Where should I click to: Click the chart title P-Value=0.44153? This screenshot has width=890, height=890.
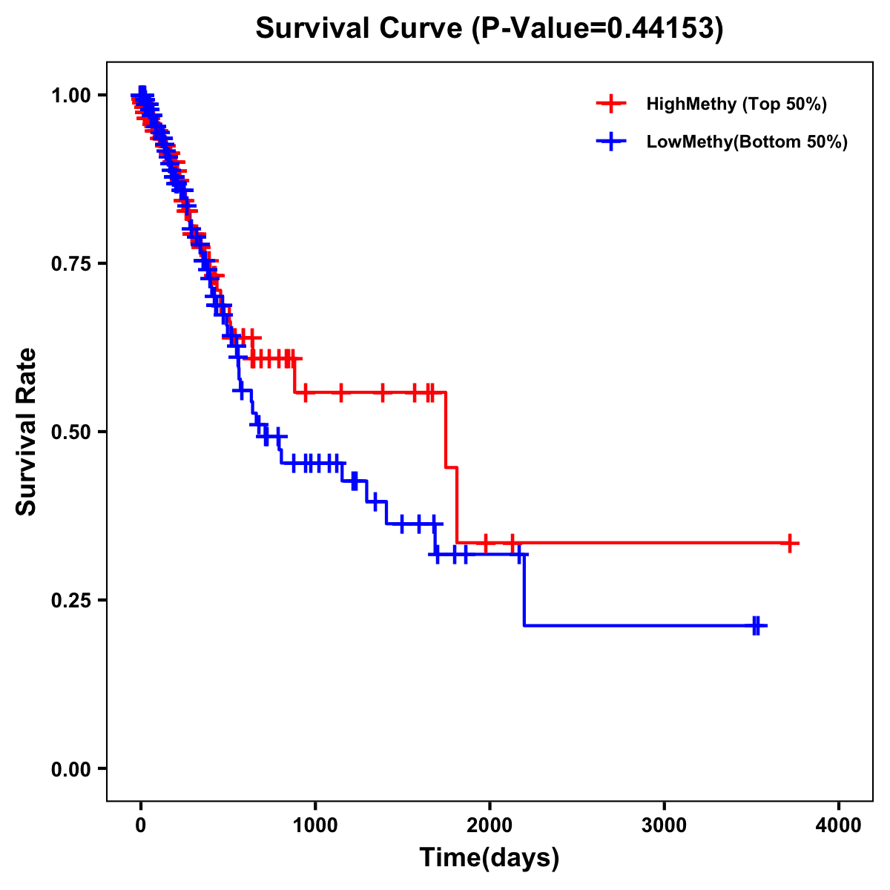[489, 28]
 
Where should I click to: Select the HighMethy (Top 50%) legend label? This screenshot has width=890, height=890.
[736, 104]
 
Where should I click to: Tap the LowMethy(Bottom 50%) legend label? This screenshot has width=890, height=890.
[747, 142]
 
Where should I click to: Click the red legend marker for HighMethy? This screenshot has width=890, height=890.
[611, 104]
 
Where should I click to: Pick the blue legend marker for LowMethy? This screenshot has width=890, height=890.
[611, 142]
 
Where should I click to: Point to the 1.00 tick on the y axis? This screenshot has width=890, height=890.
[72, 95]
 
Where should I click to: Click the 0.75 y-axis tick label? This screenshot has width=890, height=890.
[72, 263]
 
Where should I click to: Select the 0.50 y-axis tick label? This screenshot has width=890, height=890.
[72, 432]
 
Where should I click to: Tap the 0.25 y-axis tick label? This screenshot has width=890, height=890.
[72, 600]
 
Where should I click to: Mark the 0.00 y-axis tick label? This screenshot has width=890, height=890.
[72, 768]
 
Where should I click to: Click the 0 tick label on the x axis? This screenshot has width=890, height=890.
[141, 825]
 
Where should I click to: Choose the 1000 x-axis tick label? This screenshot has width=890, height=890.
[315, 825]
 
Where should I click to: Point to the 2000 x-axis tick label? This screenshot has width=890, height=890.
[489, 825]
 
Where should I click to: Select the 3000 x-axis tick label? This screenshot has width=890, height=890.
[664, 825]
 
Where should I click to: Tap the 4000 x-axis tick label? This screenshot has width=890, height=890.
[839, 825]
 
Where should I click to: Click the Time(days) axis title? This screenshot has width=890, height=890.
[489, 858]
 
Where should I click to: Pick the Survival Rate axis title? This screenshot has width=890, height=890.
[27, 432]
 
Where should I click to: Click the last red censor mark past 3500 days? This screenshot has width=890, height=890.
[791, 543]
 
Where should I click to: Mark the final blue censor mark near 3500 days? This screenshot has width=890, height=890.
[756, 626]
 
